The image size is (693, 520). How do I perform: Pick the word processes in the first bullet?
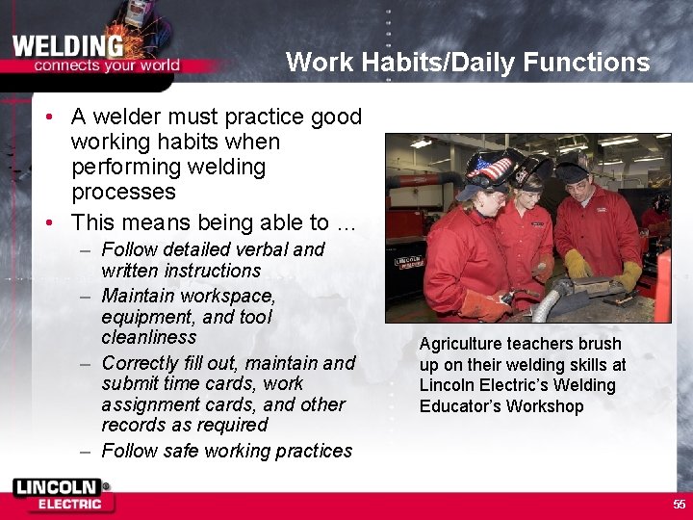[x=123, y=192]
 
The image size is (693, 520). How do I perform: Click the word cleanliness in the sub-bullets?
[x=148, y=337]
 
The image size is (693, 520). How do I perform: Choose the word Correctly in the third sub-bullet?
[x=143, y=363]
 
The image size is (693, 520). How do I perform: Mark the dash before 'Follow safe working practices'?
[x=86, y=451]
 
